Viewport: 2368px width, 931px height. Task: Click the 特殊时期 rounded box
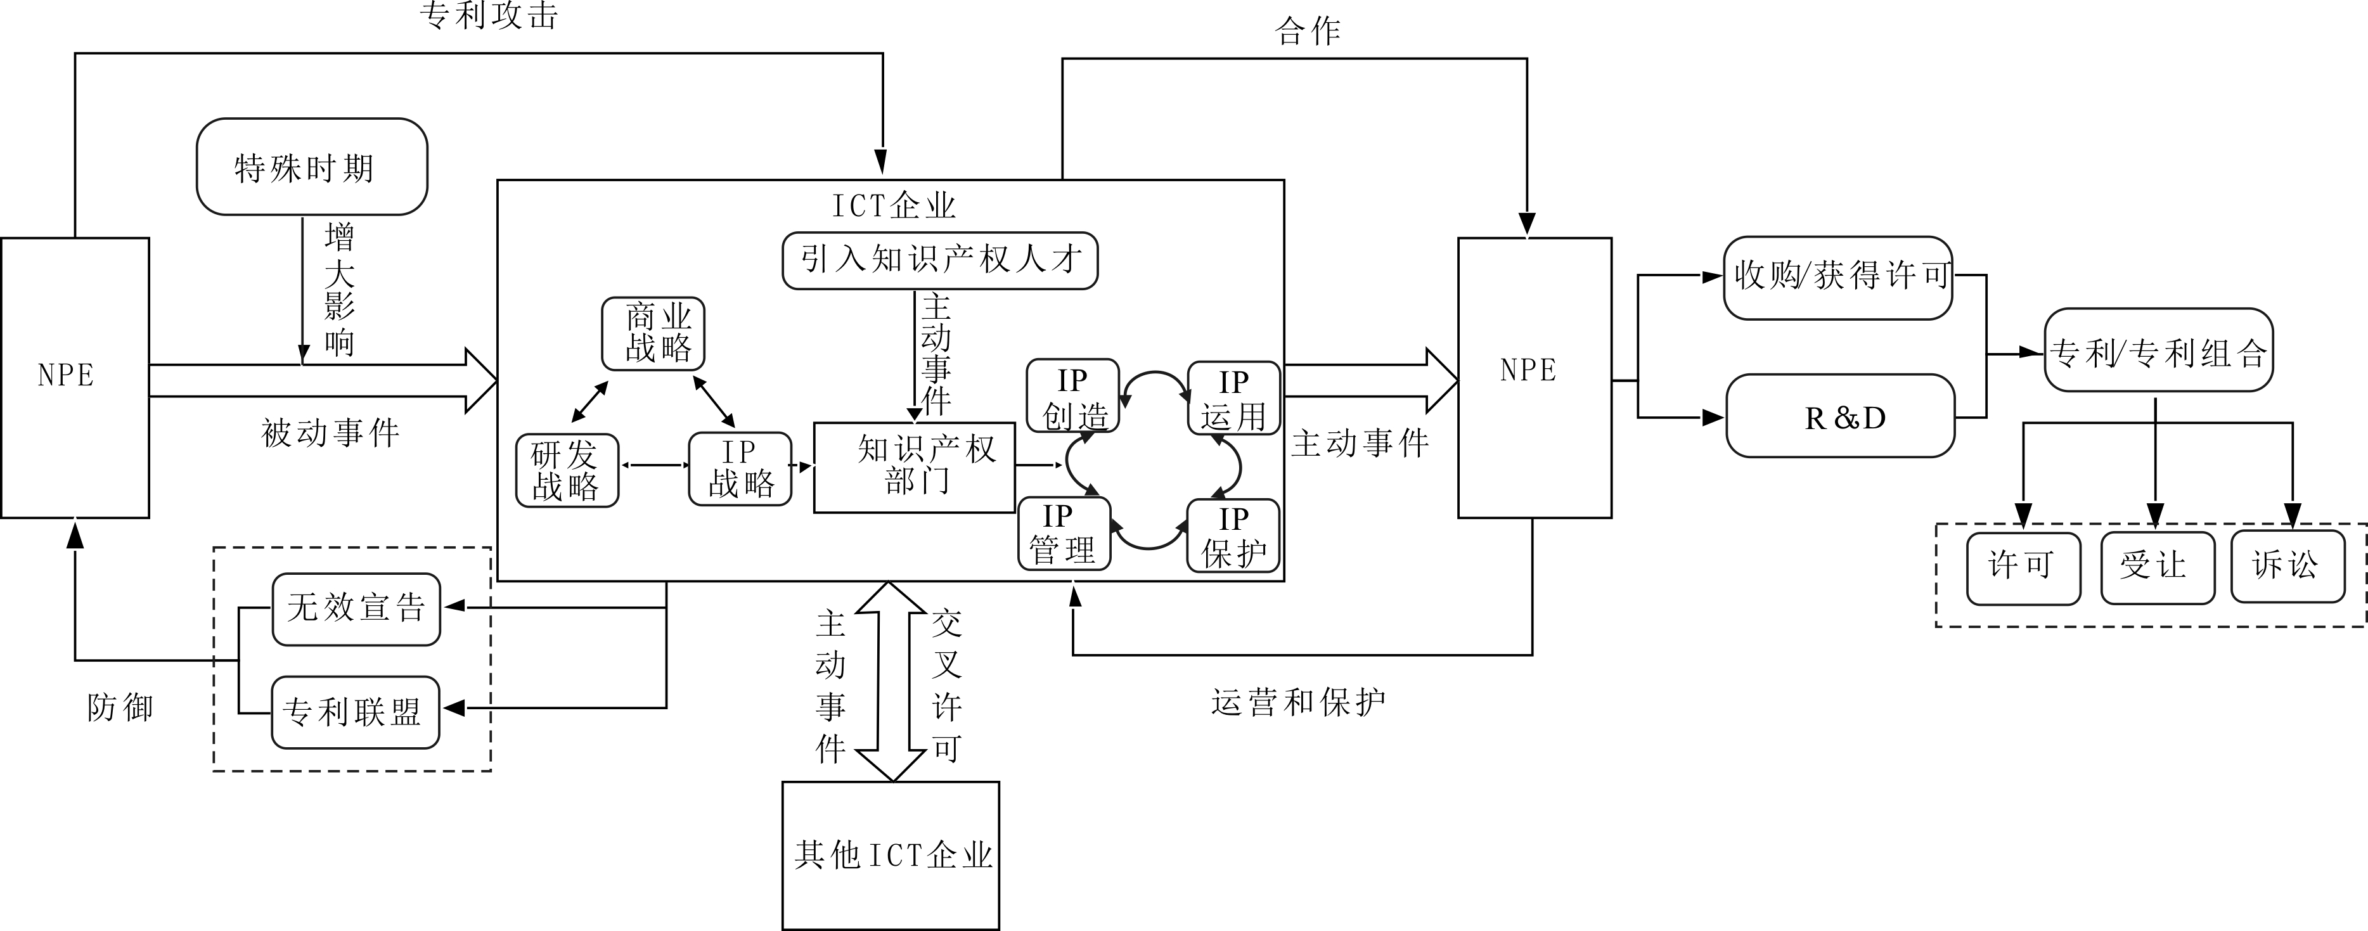312,166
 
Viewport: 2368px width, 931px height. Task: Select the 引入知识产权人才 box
939,260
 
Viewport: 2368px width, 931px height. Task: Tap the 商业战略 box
653,333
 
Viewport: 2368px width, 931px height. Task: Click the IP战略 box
740,469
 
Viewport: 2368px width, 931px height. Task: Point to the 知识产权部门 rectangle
915,467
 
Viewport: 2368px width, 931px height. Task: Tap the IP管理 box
1064,533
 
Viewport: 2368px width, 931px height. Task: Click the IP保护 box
1233,536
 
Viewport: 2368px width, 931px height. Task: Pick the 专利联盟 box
355,712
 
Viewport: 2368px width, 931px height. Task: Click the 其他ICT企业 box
891,856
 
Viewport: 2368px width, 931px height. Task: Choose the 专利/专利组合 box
2158,351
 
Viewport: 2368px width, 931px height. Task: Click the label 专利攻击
489,16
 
